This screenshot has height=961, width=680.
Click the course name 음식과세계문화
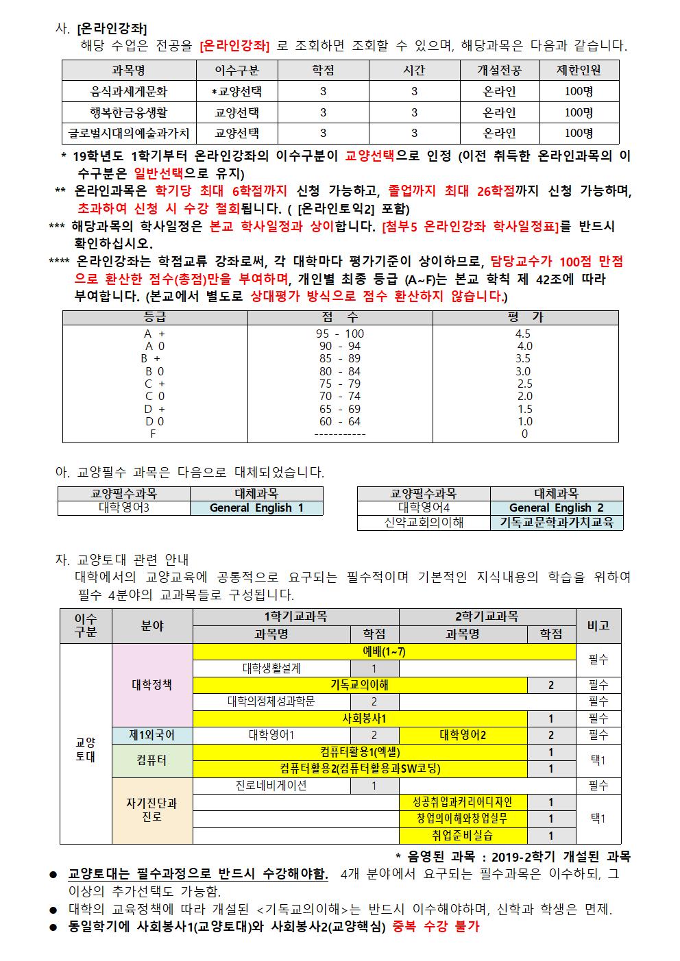[129, 91]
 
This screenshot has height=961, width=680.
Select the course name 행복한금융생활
[129, 112]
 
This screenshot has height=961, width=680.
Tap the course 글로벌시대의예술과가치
[129, 134]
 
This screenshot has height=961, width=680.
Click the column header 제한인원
[579, 71]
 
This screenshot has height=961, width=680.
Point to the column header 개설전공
[499, 71]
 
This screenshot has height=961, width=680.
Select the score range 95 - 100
[340, 334]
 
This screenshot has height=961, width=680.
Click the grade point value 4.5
[523, 334]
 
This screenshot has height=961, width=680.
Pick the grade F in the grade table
[153, 434]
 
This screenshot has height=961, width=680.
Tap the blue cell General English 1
[256, 508]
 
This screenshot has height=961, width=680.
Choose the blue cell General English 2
[556, 508]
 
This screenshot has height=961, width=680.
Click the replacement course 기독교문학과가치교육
[556, 523]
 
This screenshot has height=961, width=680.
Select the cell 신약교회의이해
[424, 523]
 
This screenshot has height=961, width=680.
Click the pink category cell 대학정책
[152, 684]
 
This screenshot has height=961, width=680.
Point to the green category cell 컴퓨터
[152, 761]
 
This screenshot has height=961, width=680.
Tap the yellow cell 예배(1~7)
[384, 651]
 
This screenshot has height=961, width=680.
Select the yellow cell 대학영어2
[463, 736]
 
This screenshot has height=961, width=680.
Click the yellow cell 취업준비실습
[463, 836]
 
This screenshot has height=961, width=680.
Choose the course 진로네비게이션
[271, 786]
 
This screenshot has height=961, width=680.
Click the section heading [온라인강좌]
[112, 29]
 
